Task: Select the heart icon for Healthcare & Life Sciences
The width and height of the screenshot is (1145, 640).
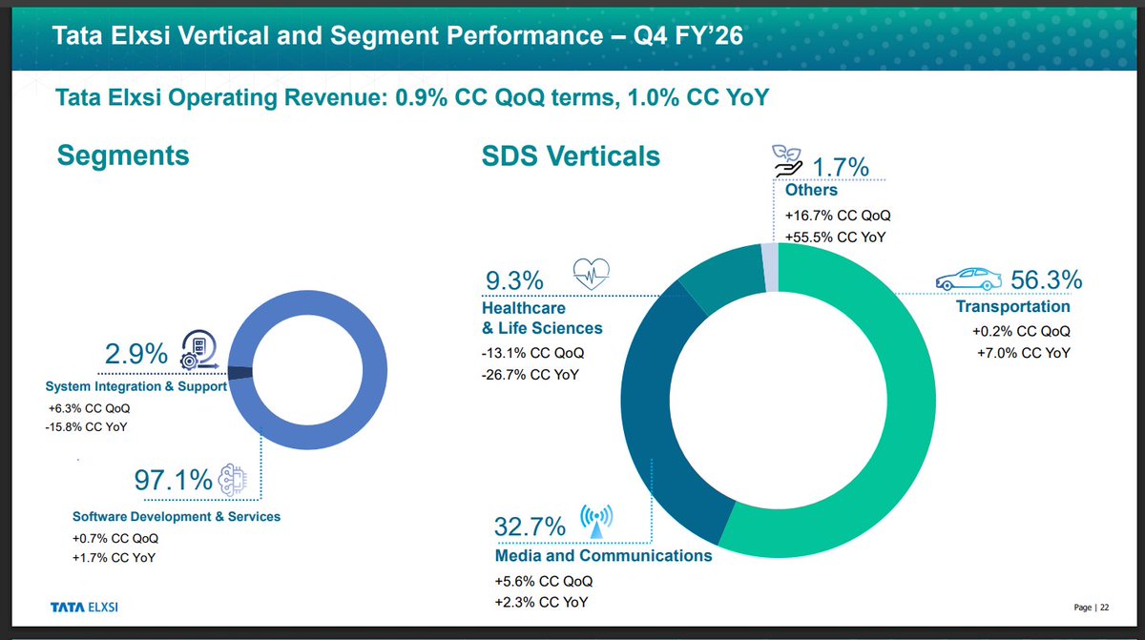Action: click(x=590, y=275)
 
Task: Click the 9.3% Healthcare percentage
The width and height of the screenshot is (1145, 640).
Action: click(x=514, y=280)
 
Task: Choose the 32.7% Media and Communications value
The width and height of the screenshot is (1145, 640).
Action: click(x=530, y=526)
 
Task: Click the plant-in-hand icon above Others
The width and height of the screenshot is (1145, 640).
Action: click(x=788, y=159)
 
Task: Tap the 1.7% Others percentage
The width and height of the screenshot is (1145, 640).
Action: click(x=837, y=168)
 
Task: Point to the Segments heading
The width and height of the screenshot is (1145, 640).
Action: click(x=123, y=155)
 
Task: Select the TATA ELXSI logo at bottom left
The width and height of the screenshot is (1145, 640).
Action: click(x=85, y=607)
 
